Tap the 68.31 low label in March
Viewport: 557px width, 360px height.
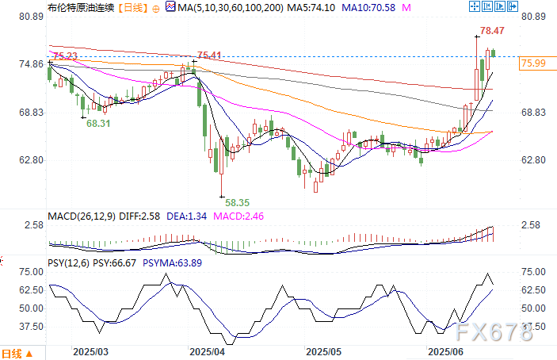[98, 124]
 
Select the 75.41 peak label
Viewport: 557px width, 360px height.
[208, 55]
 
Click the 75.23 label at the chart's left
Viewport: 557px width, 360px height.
[64, 56]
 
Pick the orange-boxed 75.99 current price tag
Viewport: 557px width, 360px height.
[533, 63]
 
